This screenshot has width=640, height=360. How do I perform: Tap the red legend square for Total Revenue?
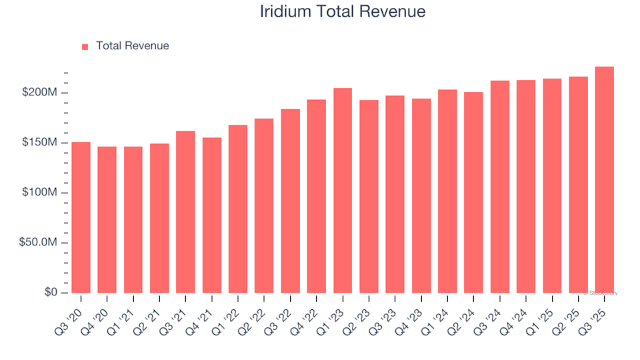[x=85, y=47]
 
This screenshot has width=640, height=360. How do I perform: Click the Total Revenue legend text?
[x=132, y=46]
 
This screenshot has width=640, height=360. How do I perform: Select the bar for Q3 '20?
[x=81, y=217]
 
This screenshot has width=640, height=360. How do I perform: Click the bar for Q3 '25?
[x=604, y=180]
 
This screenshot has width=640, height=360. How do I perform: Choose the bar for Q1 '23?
[x=343, y=191]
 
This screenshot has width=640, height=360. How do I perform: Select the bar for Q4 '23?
[x=421, y=196]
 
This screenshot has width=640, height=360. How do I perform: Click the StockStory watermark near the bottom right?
[x=601, y=293]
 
